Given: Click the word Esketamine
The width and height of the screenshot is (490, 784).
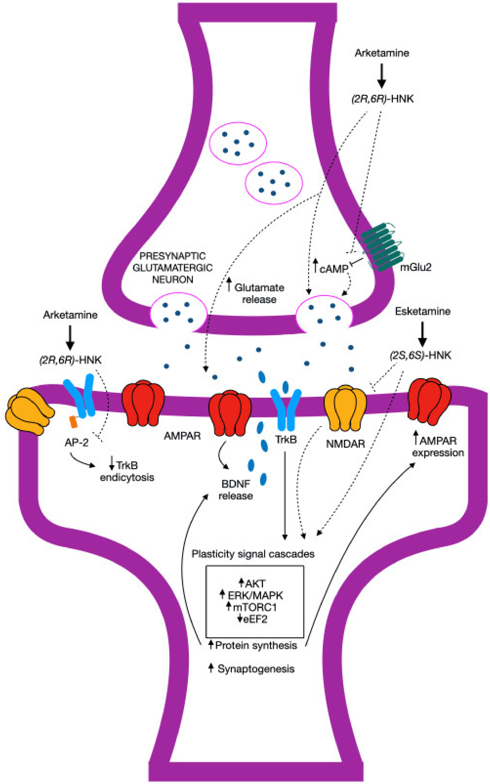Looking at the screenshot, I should (x=423, y=311).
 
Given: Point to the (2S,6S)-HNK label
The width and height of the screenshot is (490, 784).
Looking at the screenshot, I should (x=420, y=355).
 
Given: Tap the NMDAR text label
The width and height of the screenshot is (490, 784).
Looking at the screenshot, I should (x=345, y=443).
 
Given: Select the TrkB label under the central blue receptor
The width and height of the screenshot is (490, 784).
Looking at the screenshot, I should (x=286, y=440).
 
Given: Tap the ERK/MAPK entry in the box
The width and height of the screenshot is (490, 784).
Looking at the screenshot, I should (x=255, y=595).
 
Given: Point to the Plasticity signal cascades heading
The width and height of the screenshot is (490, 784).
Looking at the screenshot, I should (x=253, y=554).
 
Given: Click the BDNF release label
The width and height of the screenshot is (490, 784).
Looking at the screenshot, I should (x=236, y=490).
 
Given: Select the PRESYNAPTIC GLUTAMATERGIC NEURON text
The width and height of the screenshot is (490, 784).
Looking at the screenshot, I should (x=172, y=268).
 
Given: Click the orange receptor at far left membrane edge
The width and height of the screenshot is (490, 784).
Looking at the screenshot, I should (x=29, y=411).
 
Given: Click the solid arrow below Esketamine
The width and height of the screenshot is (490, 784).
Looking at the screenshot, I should (x=422, y=334).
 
